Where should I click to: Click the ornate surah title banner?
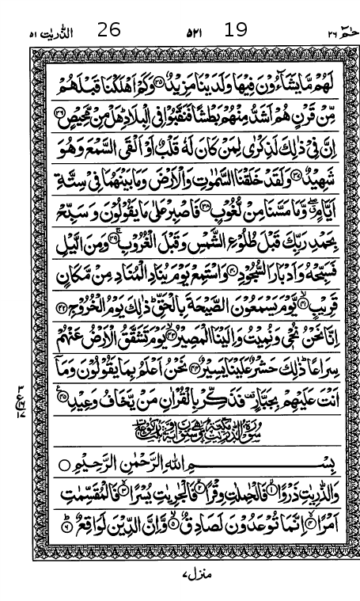click(180, 432)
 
